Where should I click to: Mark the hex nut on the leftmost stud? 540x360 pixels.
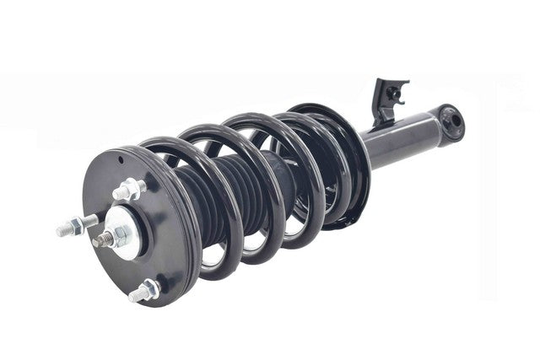(77, 223)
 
